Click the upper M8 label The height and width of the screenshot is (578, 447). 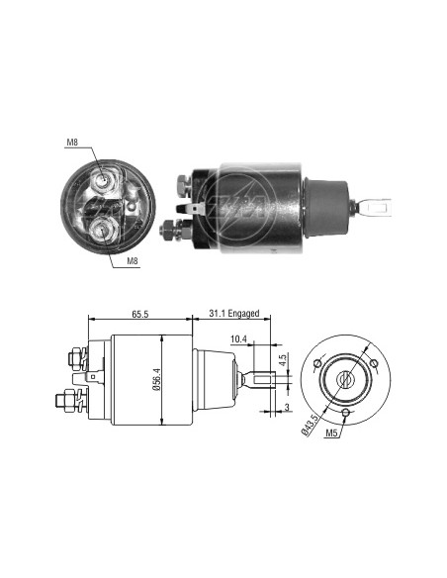pos(72,143)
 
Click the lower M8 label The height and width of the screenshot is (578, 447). pos(133,261)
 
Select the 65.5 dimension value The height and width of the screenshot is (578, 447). pos(139,314)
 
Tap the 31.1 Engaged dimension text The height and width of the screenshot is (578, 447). pos(234,314)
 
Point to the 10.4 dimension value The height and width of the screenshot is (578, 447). pos(238,339)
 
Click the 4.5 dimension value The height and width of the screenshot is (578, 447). pos(283,360)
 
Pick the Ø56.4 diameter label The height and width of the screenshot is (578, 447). pos(157,379)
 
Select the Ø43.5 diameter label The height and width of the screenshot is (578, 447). pos(310,425)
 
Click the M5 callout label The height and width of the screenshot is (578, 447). pos(331,433)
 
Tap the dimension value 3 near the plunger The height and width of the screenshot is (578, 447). pos(287,408)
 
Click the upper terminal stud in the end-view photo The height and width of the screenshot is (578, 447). pos(104,180)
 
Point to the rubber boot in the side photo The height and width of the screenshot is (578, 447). pos(326,207)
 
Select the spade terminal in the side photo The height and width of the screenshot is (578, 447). pos(190,209)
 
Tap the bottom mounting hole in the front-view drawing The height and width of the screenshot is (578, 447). pos(346,414)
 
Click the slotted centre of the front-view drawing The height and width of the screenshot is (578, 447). pos(346,379)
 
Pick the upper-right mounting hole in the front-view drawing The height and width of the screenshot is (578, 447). pos(374,363)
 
